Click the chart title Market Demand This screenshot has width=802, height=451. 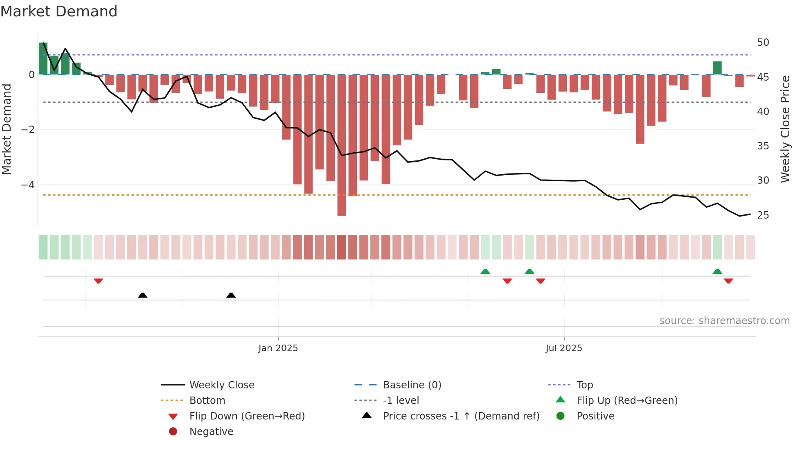(59, 11)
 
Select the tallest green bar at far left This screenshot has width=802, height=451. (43, 59)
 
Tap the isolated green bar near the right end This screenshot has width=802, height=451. (717, 68)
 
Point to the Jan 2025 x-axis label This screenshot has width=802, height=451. (278, 348)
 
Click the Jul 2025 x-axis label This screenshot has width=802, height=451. (563, 348)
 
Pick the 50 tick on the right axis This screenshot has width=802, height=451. (763, 43)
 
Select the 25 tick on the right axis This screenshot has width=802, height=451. (763, 215)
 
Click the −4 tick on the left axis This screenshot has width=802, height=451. (28, 185)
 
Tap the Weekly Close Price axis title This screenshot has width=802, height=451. (785, 129)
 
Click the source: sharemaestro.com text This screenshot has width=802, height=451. (724, 321)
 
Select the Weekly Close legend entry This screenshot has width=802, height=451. (221, 385)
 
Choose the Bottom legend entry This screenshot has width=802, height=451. (207, 401)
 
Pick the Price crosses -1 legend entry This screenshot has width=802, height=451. (461, 416)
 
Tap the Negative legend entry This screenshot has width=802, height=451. (211, 432)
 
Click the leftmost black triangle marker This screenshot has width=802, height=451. (142, 295)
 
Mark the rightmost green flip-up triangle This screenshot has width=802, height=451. (717, 271)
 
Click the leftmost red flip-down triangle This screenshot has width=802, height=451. (98, 281)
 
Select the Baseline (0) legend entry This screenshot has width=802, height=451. (412, 385)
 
